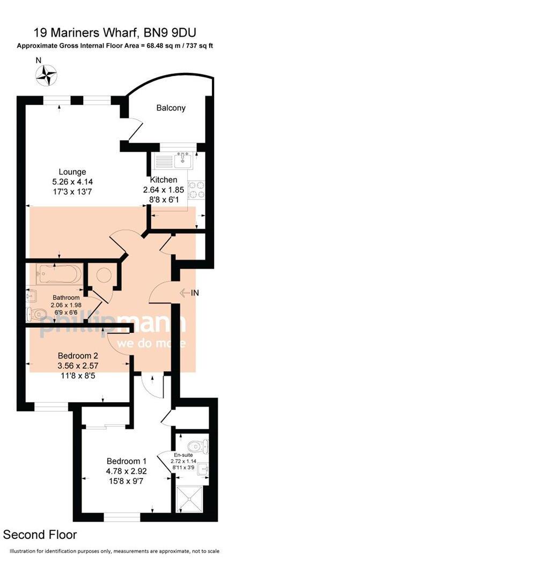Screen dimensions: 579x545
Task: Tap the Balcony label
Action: [171, 108]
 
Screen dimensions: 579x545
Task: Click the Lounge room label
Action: [72, 172]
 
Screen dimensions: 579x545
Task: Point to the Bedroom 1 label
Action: [127, 461]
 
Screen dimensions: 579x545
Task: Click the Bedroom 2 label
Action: [78, 355]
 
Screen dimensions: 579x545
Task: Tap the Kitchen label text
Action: [164, 180]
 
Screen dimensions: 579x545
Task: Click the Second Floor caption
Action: [40, 535]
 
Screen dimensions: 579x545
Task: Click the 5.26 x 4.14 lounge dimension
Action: [72, 182]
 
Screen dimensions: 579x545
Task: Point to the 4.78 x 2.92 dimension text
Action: [127, 471]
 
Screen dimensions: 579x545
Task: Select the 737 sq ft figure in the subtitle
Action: [197, 46]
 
